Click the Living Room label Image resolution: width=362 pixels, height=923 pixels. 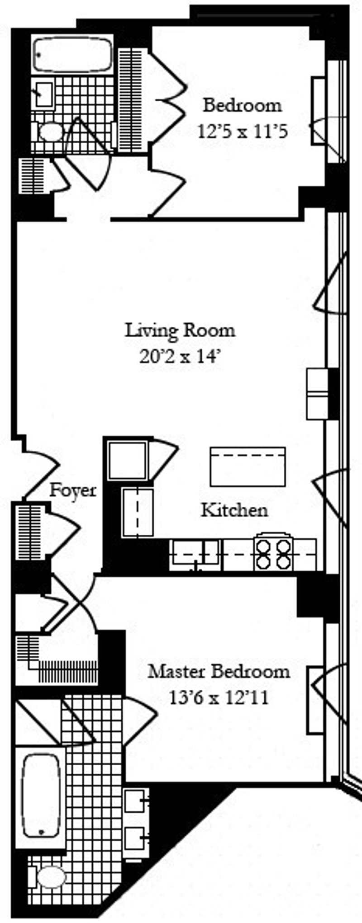coord(180,330)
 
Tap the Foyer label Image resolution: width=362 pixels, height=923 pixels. coord(73,490)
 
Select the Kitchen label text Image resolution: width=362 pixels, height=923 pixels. coord(234,510)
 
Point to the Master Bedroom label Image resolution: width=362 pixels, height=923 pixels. coord(219,671)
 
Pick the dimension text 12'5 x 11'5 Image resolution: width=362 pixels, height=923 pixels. coord(243,132)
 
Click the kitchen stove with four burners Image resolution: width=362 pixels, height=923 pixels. coord(273,554)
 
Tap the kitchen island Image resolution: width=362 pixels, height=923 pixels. coord(248,466)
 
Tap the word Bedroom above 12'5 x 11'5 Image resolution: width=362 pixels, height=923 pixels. coord(242,105)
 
